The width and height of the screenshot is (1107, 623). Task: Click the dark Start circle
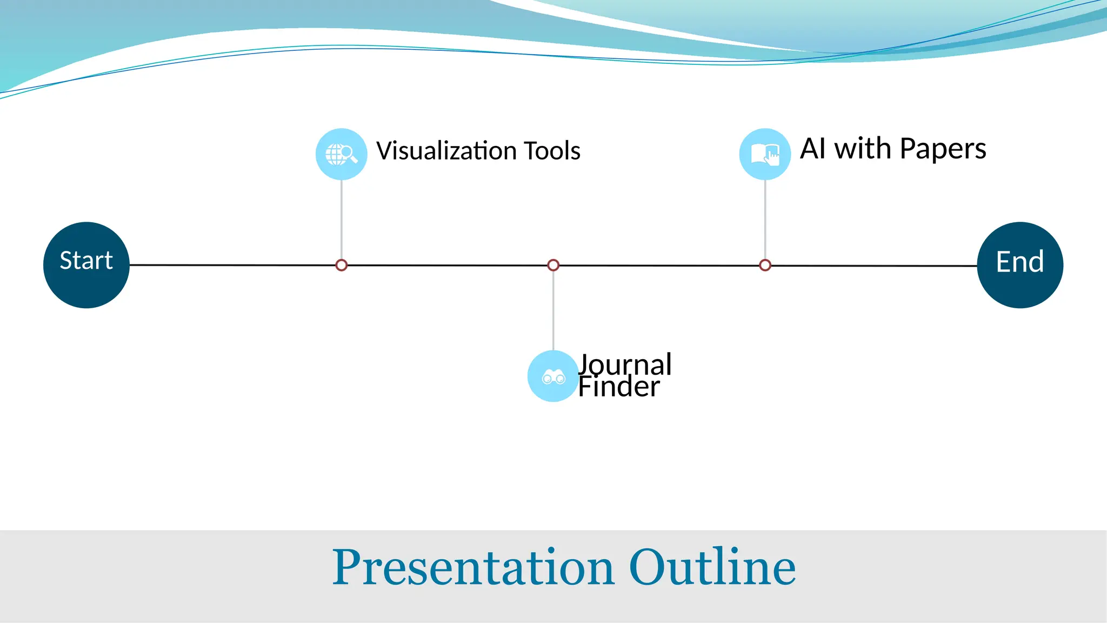86,265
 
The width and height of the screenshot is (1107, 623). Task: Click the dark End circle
1020,265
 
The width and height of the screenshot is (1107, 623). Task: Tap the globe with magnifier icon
341,154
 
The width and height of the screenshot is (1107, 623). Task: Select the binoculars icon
553,376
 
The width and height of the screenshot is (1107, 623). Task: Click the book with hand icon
765,154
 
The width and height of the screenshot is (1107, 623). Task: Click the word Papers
943,149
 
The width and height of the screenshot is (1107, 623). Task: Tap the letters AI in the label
812,148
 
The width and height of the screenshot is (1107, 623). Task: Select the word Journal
625,364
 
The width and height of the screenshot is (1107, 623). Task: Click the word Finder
619,387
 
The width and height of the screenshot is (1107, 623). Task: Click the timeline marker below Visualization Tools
341,265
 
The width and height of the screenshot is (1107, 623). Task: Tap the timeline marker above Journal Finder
553,265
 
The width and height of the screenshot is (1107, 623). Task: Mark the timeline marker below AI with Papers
765,265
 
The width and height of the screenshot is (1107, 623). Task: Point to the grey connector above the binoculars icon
553,311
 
